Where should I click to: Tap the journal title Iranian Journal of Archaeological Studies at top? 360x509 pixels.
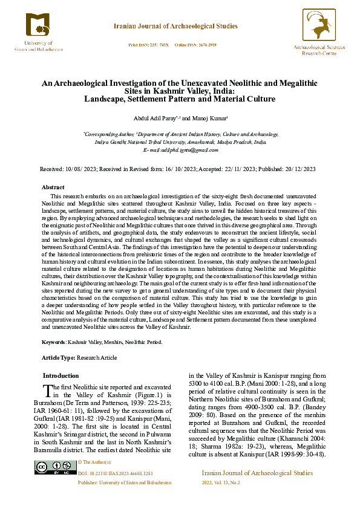click(x=175, y=27)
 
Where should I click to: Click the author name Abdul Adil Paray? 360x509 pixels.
click(x=152, y=118)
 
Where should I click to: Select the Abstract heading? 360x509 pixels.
click(x=53, y=187)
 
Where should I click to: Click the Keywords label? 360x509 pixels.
click(x=53, y=342)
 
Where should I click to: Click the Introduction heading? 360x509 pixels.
click(x=61, y=375)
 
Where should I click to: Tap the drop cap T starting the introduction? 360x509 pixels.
click(x=48, y=391)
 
